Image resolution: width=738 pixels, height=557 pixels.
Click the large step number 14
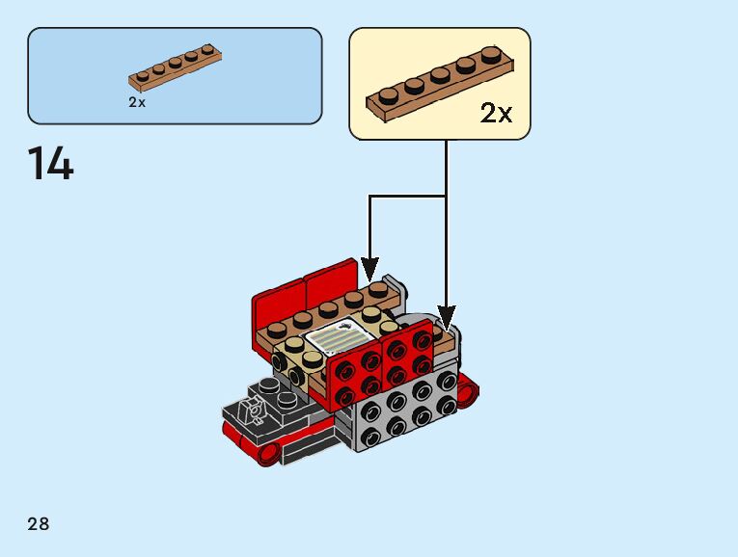tap(50, 163)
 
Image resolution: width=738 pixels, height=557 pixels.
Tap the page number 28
tap(39, 524)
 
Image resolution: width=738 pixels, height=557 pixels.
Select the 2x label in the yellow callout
tap(496, 114)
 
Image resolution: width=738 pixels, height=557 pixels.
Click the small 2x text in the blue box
tap(137, 102)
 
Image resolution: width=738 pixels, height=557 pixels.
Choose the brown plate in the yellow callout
tap(438, 86)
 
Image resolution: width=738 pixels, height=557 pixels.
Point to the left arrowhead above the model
tap(370, 264)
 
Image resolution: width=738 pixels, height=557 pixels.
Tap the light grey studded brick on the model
tap(406, 406)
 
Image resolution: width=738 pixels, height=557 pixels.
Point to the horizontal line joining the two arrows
tap(407, 197)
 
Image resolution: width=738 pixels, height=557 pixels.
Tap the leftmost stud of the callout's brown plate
tap(389, 95)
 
